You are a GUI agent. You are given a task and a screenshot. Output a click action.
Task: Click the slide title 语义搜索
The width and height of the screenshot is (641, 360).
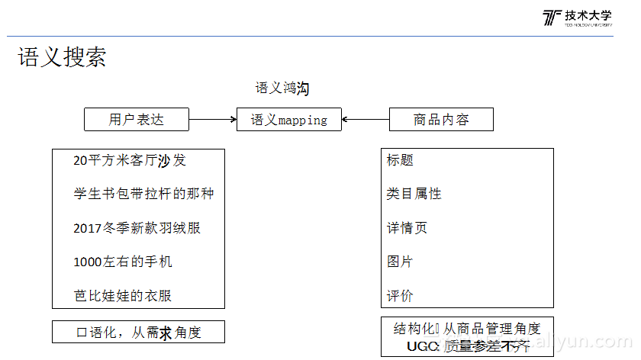(62, 57)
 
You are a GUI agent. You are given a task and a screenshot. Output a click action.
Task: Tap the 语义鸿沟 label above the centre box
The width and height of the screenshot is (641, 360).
(282, 88)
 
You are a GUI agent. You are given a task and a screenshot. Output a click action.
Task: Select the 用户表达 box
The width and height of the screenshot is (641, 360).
(137, 120)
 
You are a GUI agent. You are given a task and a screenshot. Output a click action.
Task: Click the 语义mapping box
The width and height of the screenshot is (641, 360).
(289, 120)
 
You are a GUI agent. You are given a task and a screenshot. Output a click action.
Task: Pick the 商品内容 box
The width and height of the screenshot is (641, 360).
(441, 120)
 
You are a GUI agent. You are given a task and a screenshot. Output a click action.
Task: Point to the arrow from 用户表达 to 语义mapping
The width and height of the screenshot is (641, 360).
(213, 120)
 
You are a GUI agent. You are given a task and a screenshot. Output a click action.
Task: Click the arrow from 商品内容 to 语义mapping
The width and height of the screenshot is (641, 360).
(366, 120)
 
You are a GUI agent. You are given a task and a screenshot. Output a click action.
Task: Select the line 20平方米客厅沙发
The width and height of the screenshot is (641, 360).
(130, 160)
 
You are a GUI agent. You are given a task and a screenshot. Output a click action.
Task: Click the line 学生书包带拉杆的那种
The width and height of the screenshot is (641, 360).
(143, 194)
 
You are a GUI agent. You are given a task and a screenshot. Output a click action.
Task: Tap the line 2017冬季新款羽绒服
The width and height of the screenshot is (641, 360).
(137, 228)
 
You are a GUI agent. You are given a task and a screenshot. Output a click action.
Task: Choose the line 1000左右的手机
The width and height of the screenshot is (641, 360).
(123, 262)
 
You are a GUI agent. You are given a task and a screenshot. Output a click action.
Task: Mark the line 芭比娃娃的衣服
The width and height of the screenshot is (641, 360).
(128, 295)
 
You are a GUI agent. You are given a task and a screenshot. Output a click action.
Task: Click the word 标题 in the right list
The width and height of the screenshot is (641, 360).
(400, 160)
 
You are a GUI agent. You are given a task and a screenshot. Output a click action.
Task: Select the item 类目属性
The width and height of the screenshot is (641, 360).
(414, 194)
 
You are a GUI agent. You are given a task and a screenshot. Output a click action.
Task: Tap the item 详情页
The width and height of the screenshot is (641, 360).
(407, 228)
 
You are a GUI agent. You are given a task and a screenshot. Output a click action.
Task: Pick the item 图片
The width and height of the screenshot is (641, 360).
(400, 262)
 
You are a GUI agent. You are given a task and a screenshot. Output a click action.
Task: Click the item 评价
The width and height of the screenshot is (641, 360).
(400, 295)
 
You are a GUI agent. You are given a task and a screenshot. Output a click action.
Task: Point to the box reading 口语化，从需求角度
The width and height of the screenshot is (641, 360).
(138, 332)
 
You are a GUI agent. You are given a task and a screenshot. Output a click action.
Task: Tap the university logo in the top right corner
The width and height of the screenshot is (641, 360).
(578, 19)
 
